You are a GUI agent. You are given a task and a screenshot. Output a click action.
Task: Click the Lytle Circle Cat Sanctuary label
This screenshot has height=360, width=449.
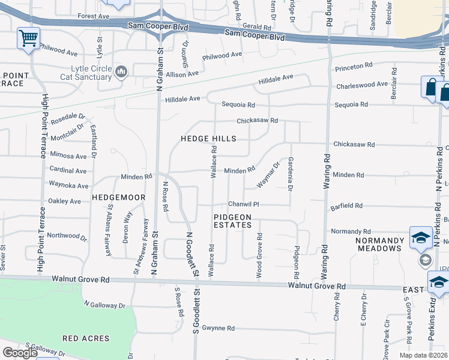(87, 73)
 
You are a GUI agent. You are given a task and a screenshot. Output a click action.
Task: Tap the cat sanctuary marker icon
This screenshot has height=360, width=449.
(121, 73)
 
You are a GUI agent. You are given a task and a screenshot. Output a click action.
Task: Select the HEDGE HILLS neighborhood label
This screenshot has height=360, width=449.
(208, 139)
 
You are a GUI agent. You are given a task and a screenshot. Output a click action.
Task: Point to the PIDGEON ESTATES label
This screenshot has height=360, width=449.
(233, 221)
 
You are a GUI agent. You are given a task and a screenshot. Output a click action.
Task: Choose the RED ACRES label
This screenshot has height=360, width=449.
(87, 338)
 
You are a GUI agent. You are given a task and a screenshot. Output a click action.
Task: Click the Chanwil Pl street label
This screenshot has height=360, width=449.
(243, 204)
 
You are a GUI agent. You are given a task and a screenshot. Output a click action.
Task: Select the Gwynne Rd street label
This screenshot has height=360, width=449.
(218, 328)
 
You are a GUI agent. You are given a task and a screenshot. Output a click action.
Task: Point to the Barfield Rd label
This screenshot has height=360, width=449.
(346, 206)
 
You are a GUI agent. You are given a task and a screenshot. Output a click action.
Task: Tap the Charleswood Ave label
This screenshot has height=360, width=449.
(362, 85)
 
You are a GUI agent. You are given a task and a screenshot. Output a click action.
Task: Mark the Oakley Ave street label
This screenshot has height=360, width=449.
(64, 201)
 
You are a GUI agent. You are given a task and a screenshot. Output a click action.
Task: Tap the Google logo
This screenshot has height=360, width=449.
(20, 353)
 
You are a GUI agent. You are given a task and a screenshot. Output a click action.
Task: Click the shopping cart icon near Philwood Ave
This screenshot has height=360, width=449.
(28, 38)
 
